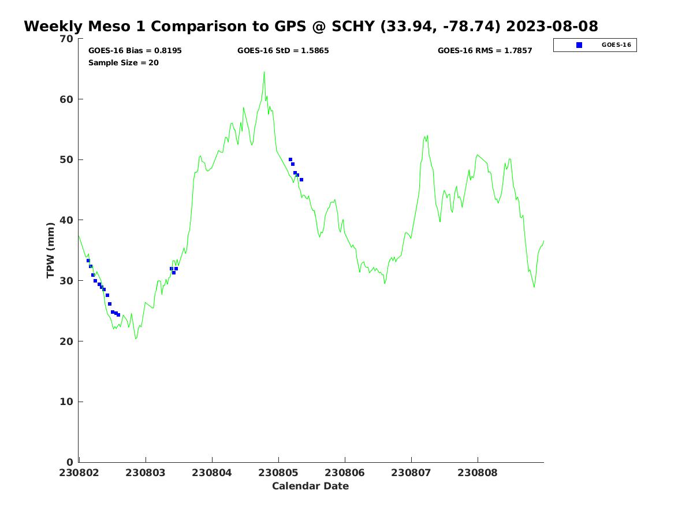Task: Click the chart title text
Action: click(311, 27)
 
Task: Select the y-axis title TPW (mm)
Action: click(51, 250)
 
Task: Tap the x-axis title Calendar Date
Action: click(310, 486)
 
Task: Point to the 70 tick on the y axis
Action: click(68, 39)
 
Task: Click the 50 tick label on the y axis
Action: click(68, 159)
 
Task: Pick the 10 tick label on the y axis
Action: click(68, 402)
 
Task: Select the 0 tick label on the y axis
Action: click(70, 462)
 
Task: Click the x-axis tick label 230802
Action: click(79, 473)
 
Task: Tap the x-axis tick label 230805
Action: click(278, 473)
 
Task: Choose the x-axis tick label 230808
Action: click(478, 473)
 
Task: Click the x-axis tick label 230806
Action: click(345, 473)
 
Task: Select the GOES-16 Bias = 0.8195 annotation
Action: click(135, 51)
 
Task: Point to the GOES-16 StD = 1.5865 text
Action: click(283, 51)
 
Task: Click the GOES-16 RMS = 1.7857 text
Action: click(485, 51)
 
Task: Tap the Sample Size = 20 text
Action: click(123, 62)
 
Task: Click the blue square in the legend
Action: click(579, 45)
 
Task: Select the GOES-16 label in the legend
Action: click(616, 45)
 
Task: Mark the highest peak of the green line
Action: click(264, 72)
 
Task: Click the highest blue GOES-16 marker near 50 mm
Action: click(290, 159)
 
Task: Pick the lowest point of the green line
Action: click(136, 339)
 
